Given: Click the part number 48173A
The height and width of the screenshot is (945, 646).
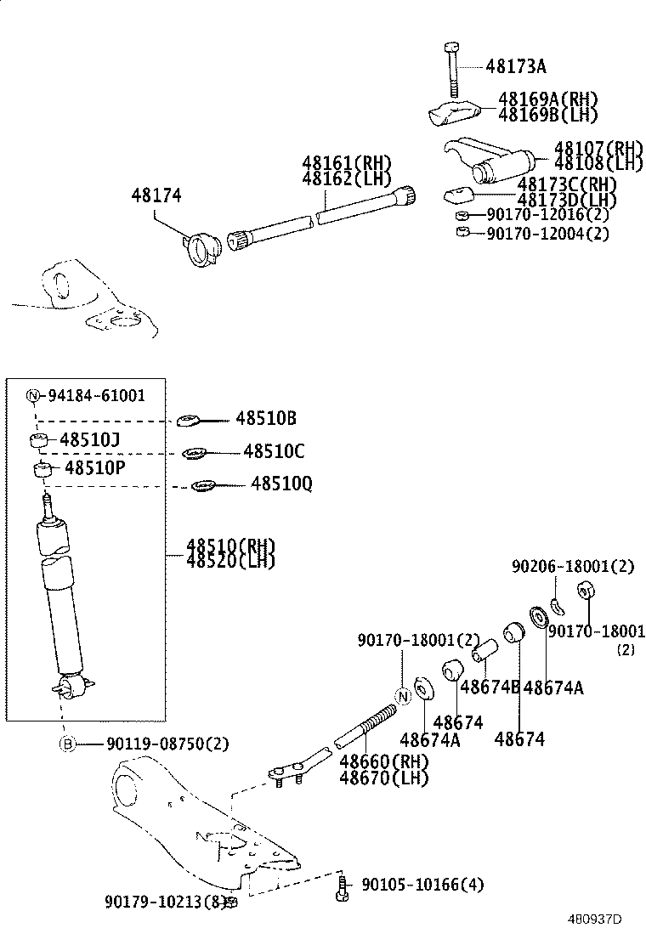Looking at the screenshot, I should (516, 65).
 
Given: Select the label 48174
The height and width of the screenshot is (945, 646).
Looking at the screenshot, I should (156, 196).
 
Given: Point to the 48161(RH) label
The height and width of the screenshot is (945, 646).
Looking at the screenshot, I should (345, 163).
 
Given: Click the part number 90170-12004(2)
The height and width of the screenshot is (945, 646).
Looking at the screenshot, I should (547, 233).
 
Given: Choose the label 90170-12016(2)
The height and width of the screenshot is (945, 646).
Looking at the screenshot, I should (547, 215).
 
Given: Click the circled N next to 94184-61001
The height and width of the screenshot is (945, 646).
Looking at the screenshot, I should (33, 395).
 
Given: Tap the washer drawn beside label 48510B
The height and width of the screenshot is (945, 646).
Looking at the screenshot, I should (188, 420).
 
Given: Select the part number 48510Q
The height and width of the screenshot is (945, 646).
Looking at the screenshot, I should (281, 484).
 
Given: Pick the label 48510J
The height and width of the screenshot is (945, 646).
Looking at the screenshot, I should (89, 440).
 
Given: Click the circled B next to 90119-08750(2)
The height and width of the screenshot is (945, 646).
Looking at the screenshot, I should (67, 744).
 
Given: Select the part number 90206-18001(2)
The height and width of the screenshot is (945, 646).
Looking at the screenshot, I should (572, 567).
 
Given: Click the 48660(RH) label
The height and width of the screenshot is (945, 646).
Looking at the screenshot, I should (383, 761).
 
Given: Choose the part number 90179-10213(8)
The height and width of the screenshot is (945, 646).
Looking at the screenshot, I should (165, 900).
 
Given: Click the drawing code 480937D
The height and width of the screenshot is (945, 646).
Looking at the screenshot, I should (595, 920).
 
